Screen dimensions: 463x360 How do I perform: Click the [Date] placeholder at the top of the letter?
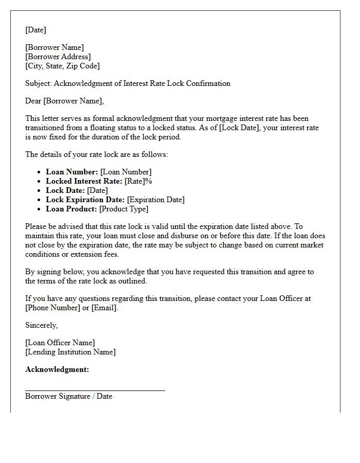[x=35, y=30]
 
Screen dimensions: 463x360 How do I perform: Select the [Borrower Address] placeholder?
[x=58, y=57]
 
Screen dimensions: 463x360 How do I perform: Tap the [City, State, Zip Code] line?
[x=62, y=66]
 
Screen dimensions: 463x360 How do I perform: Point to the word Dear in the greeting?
[x=33, y=101]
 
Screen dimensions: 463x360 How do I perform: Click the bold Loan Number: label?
[x=71, y=172]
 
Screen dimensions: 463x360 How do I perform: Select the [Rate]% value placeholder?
[x=138, y=181]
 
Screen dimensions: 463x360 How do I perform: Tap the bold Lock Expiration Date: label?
[x=85, y=200]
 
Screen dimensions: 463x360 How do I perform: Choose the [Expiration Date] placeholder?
[x=156, y=200]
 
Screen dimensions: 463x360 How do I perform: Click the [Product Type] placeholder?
[x=123, y=209]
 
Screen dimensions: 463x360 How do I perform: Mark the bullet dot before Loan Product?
[x=40, y=209]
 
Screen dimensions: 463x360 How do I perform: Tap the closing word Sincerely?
[x=42, y=325]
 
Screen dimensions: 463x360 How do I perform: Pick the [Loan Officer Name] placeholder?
[x=60, y=343]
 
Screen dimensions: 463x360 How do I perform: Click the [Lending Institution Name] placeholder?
[x=70, y=352]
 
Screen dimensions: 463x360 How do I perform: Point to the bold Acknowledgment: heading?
[x=57, y=369]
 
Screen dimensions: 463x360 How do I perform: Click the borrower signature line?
[x=95, y=390]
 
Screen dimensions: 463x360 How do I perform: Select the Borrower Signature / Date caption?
[x=68, y=396]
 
